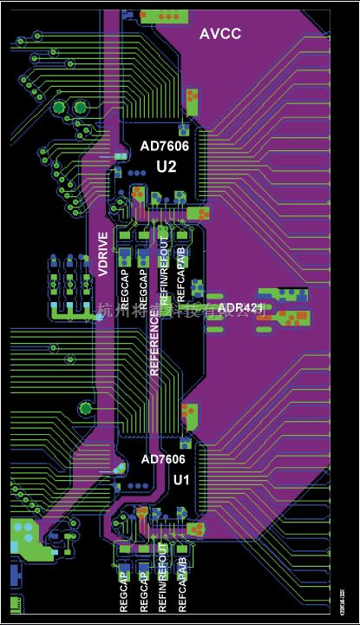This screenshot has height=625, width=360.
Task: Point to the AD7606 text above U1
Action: point(163,459)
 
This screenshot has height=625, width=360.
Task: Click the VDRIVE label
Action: point(103,254)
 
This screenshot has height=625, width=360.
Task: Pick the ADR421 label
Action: point(241,308)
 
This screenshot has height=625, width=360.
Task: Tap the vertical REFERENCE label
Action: point(155,344)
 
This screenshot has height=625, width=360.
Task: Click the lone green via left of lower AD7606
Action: point(86,406)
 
